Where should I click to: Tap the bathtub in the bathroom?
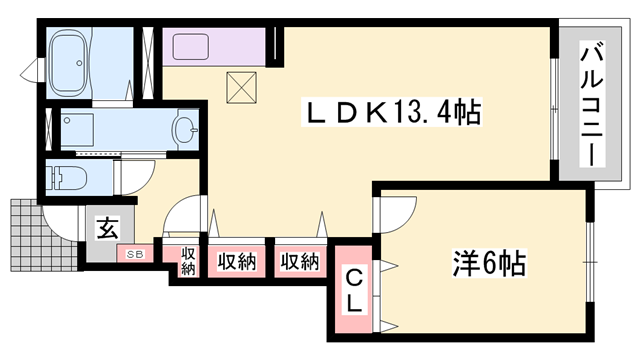79,62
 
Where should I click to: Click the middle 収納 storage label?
237,262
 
